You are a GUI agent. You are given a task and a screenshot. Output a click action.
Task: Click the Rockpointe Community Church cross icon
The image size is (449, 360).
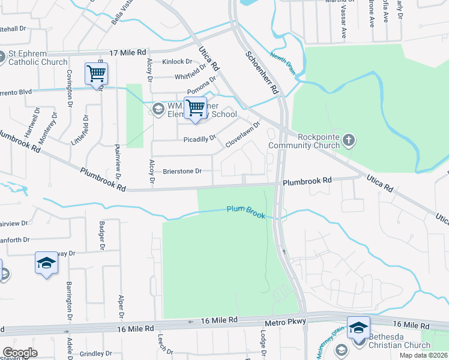point(350,140)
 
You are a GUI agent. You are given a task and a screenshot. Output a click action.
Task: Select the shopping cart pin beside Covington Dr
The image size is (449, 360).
point(96,74)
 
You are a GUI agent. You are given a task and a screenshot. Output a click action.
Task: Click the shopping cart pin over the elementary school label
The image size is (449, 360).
point(195,109)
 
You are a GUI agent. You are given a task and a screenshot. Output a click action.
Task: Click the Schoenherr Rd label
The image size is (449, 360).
point(261,71)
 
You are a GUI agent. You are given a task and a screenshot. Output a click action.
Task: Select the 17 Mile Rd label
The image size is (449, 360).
point(128,53)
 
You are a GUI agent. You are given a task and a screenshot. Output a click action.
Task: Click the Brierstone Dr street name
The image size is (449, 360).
point(182,171)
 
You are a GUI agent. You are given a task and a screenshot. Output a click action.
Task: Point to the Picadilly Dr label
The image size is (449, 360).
point(199,139)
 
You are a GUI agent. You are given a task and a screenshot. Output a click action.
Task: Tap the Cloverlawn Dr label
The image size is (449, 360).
point(243,135)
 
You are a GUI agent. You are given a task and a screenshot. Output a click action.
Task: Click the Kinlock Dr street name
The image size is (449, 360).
point(177,62)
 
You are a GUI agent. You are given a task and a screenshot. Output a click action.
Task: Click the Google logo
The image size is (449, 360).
point(20,353)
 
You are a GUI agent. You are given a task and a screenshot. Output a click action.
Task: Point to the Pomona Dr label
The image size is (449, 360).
point(201,87)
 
